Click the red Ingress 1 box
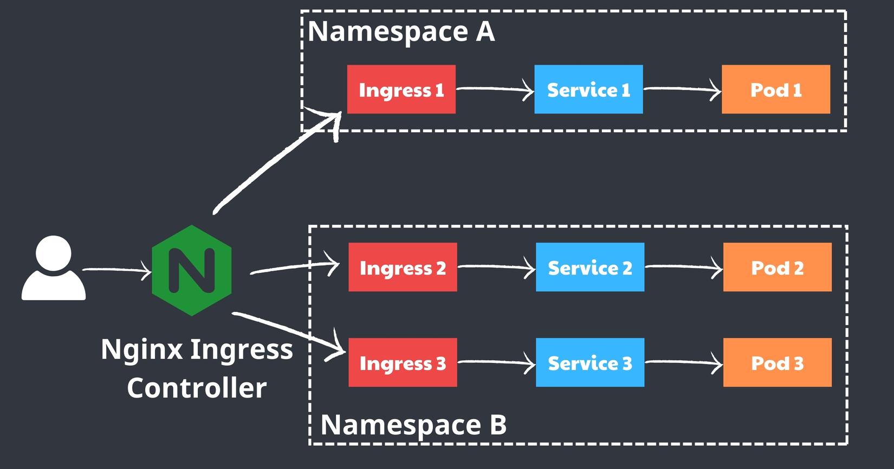(x=401, y=89)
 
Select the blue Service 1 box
(x=588, y=89)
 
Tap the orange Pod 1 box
(x=776, y=89)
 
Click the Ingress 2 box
(x=403, y=267)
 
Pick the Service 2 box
(x=590, y=267)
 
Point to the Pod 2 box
(x=777, y=267)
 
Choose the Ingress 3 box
(x=403, y=362)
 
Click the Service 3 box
(x=590, y=362)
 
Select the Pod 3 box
(x=777, y=362)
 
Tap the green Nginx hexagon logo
(x=192, y=270)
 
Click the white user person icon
(x=53, y=269)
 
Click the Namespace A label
(x=401, y=31)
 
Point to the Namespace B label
(x=413, y=424)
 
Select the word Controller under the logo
(x=197, y=388)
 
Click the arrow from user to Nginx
(x=116, y=269)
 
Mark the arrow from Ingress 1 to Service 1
(x=495, y=89)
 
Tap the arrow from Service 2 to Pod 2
(x=684, y=267)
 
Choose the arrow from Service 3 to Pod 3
(x=684, y=362)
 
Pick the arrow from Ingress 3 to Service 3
(x=496, y=362)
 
